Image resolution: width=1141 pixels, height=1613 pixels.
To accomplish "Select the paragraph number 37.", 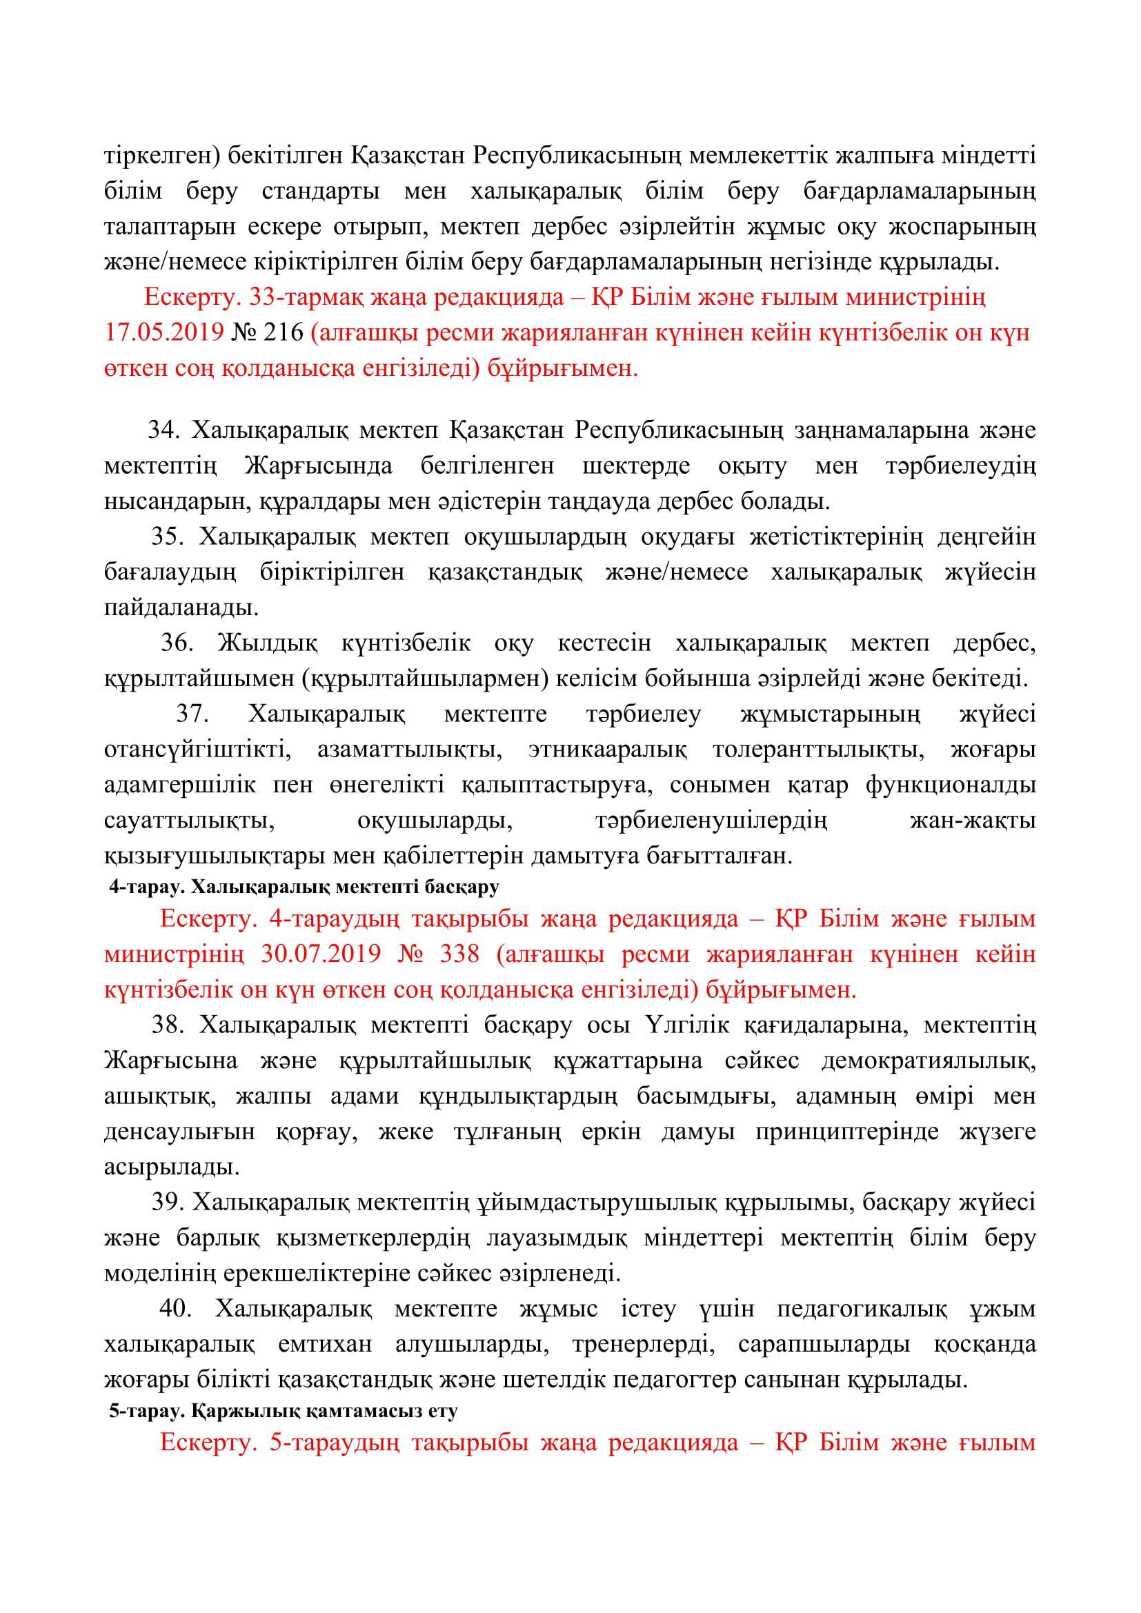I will (x=190, y=714).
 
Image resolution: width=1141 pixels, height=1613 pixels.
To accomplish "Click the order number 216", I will (x=282, y=333).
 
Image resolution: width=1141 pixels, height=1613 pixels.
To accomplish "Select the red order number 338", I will (x=458, y=954).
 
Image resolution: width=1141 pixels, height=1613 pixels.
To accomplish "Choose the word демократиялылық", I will (x=928, y=1061).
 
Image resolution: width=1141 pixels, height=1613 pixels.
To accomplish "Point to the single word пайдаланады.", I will (x=181, y=608).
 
